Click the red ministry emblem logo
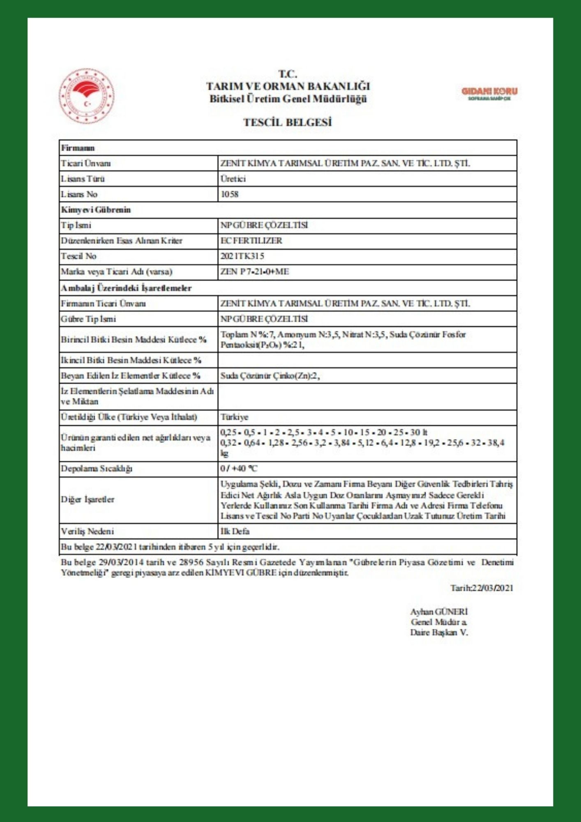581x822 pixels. click(86, 96)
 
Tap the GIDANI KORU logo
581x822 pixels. click(489, 93)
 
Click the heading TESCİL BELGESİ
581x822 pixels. click(287, 122)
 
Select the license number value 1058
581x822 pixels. click(229, 194)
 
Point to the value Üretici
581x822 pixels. click(233, 179)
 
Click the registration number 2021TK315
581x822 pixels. click(242, 256)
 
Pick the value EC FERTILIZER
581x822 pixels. click(251, 240)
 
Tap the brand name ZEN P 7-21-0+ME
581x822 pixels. click(254, 272)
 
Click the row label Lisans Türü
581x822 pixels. click(83, 179)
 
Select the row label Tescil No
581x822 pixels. click(78, 256)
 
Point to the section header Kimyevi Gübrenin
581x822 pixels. click(96, 210)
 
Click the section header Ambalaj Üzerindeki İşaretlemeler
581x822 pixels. click(126, 288)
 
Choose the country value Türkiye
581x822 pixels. click(234, 417)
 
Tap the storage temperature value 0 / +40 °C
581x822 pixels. click(239, 469)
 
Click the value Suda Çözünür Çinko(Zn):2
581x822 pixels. click(270, 376)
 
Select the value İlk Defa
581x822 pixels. click(235, 531)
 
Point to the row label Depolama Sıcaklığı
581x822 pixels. click(97, 469)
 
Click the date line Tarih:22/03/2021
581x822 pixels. click(482, 588)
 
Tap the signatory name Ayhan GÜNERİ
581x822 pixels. click(439, 612)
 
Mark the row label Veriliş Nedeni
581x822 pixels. click(87, 531)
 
